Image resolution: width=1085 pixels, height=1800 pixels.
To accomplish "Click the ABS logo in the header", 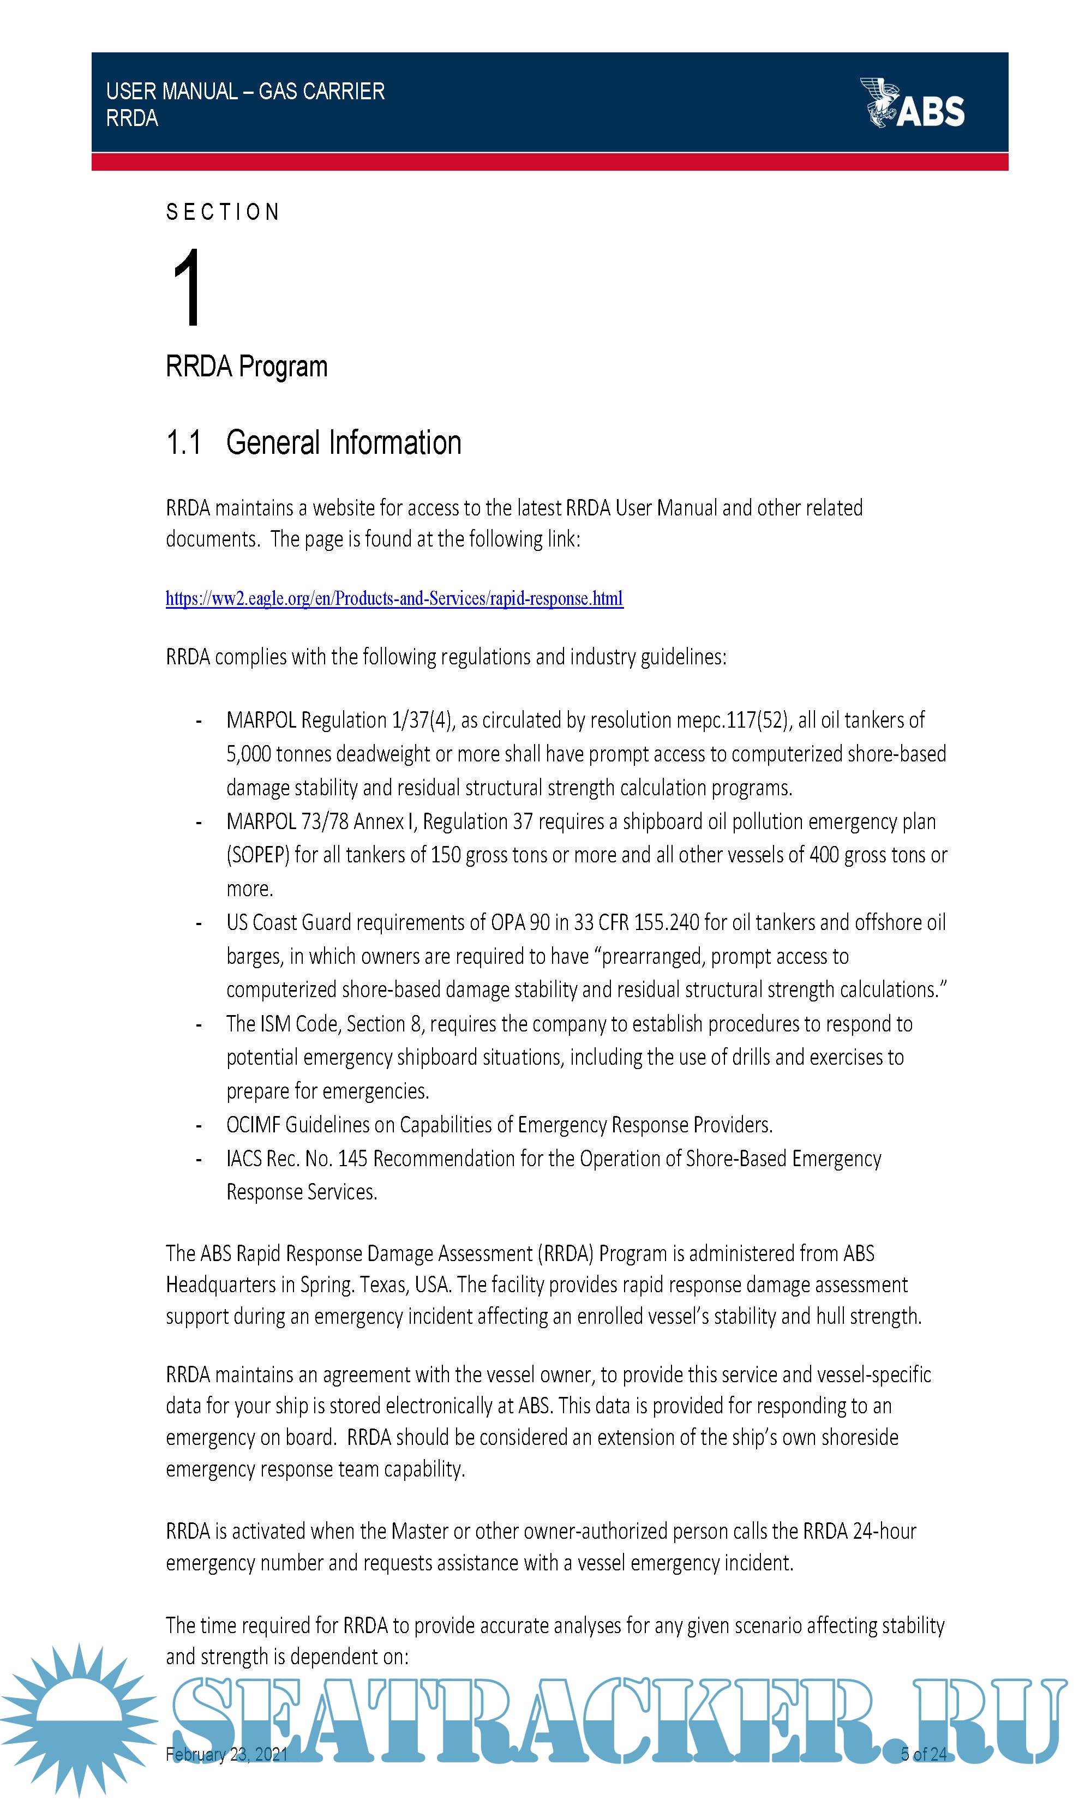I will coord(913,104).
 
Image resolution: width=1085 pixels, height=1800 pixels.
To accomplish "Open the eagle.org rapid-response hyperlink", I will coord(394,598).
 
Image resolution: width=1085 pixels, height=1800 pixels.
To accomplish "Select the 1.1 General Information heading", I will coord(314,443).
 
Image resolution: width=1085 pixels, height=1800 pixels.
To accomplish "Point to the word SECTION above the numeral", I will coord(223,213).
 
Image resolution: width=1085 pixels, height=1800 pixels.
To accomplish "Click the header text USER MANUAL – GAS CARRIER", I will coord(245,91).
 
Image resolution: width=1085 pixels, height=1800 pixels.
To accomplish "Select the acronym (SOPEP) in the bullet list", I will coord(258,855).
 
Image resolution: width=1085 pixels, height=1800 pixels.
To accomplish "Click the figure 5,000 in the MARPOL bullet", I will coord(248,754).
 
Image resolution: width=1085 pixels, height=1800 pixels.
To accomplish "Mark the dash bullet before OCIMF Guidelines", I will coord(198,1125).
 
